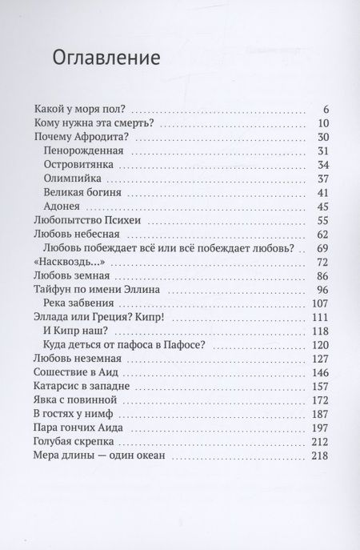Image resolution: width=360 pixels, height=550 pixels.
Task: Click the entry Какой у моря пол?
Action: point(82,109)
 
